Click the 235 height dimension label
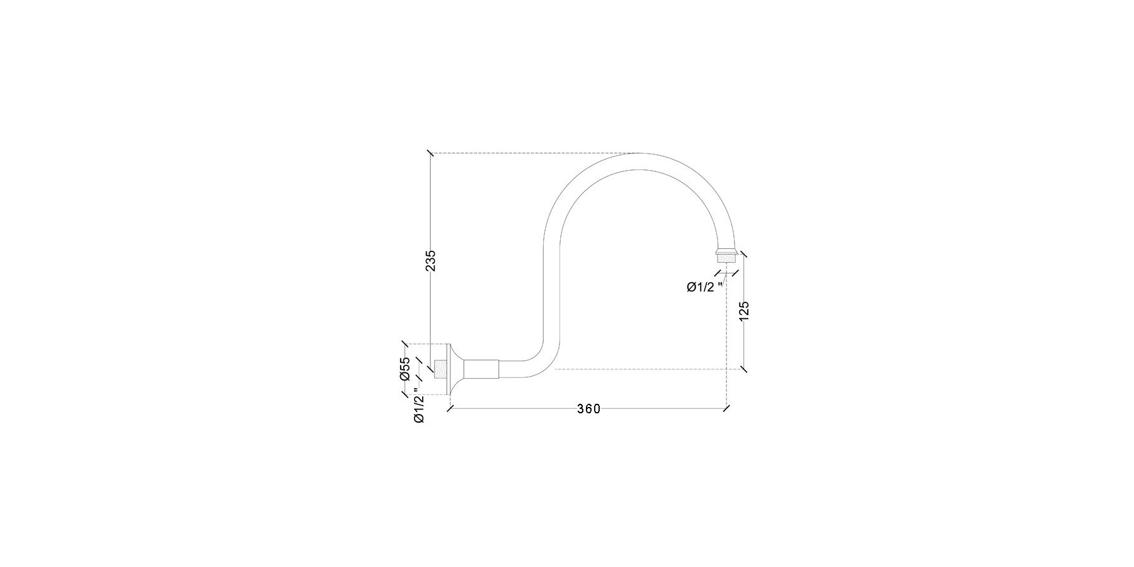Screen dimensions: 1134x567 pyautogui.click(x=430, y=261)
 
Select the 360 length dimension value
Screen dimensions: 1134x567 pyautogui.click(x=588, y=409)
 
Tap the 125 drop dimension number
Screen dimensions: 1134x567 pyautogui.click(x=744, y=311)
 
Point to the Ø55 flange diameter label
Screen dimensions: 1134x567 pyautogui.click(x=405, y=369)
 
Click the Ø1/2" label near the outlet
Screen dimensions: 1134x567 pyautogui.click(x=704, y=287)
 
